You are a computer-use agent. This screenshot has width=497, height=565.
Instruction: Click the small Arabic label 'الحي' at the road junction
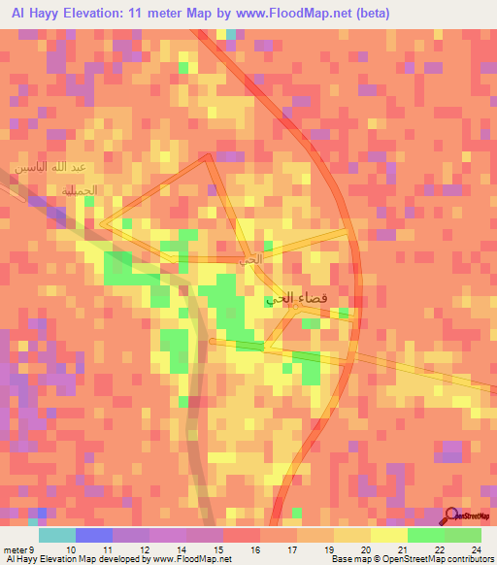click(x=250, y=259)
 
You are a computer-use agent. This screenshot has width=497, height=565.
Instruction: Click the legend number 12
click(x=144, y=549)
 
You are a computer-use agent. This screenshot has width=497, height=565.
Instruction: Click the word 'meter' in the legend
click(x=15, y=549)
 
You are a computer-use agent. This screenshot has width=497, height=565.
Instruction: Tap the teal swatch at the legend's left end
click(x=56, y=535)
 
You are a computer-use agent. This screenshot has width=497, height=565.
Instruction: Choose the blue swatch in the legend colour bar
click(x=93, y=535)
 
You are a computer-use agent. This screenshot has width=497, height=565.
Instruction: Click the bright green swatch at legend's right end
click(x=462, y=535)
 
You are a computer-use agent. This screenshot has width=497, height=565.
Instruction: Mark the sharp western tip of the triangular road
click(x=101, y=224)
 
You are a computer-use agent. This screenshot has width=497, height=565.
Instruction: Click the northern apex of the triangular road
click(x=210, y=156)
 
